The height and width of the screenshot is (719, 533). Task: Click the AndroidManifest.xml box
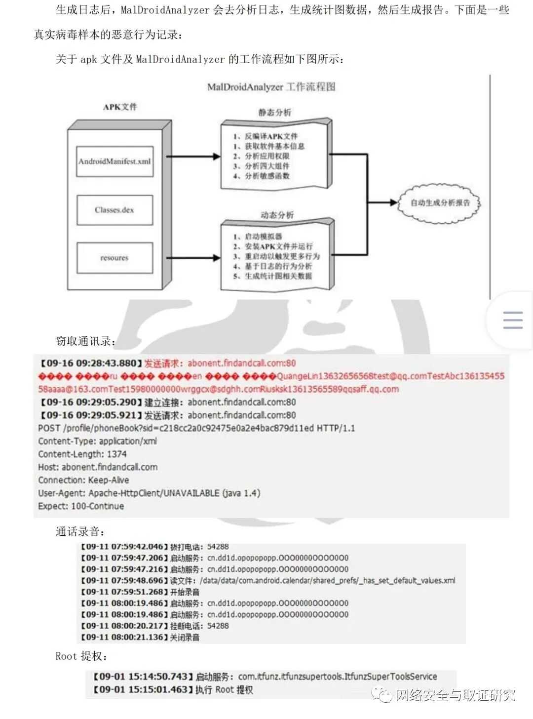(114, 161)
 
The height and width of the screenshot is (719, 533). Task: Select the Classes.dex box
(114, 210)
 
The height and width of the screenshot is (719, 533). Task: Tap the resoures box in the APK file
(114, 258)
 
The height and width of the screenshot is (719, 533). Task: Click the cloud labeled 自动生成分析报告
(439, 202)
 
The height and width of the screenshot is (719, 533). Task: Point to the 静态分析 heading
(275, 113)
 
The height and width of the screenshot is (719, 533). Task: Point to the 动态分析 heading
(277, 215)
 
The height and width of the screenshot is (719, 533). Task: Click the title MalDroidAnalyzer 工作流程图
(271, 87)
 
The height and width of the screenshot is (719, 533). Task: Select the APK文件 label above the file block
(120, 107)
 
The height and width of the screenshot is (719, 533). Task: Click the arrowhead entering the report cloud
(393, 202)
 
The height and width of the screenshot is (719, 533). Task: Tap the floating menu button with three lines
(513, 320)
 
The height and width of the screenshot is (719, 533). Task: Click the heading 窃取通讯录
(85, 341)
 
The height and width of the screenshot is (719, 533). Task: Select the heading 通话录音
(79, 532)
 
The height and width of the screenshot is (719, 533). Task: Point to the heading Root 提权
(80, 656)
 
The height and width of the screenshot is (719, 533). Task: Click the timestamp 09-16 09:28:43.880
(91, 363)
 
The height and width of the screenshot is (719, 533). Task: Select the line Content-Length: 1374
(82, 454)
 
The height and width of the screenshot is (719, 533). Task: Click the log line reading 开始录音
(185, 592)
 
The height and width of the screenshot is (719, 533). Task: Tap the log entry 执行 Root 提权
(224, 689)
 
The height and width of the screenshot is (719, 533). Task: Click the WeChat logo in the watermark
(382, 695)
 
